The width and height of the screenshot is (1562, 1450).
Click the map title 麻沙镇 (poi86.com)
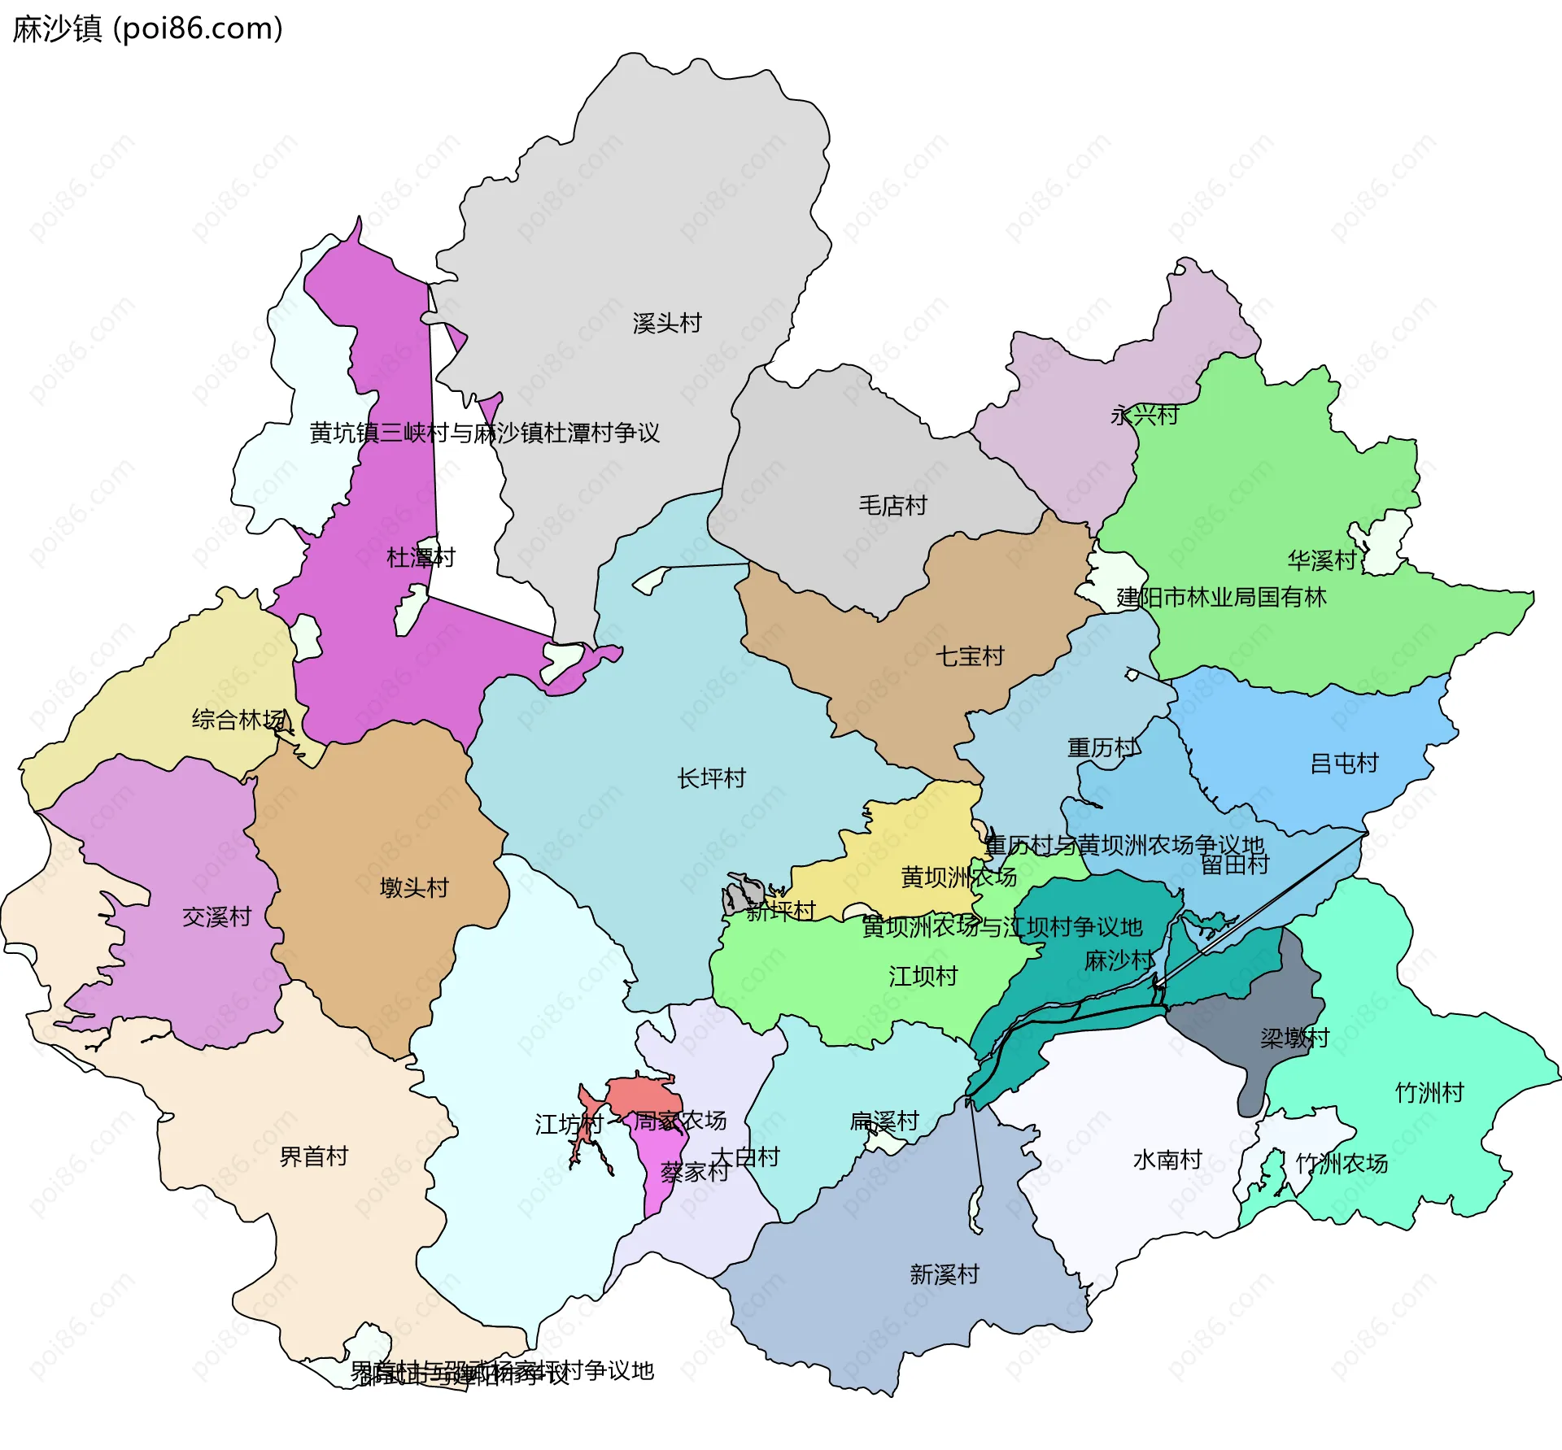tap(147, 29)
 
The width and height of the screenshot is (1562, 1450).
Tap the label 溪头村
tap(666, 324)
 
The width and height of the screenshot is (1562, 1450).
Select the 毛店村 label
tap(892, 506)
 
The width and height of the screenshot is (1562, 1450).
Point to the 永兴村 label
tap(1144, 416)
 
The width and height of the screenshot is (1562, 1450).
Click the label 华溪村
tap(1322, 560)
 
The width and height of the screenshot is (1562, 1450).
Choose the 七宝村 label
tap(970, 656)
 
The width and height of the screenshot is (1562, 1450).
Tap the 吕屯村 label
tap(1344, 764)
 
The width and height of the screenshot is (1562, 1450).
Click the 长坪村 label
tap(711, 778)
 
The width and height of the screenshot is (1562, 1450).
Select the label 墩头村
tap(414, 887)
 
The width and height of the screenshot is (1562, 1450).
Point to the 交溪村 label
tap(216, 917)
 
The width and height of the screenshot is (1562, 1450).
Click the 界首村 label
tap(313, 1156)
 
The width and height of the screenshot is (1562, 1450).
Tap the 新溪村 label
tap(944, 1274)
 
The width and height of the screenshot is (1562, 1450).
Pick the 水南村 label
tap(1167, 1160)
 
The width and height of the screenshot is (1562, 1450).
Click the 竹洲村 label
tap(1429, 1092)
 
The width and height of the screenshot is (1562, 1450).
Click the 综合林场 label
tap(238, 720)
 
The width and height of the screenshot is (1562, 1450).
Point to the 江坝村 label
tap(923, 976)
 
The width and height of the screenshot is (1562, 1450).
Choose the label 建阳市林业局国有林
tap(1220, 598)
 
